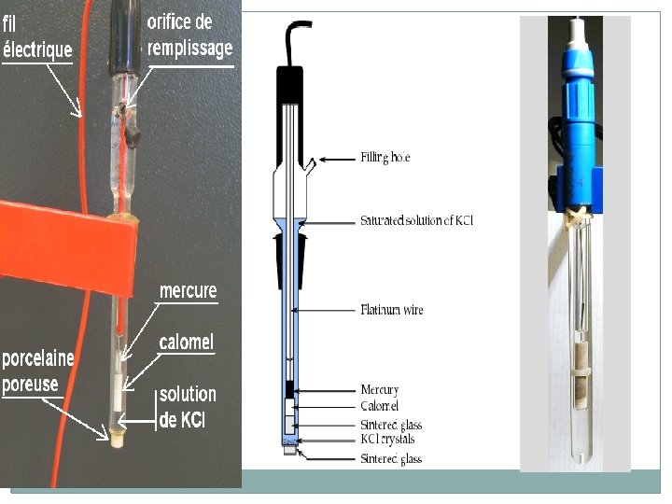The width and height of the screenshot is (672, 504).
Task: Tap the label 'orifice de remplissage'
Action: pyautogui.click(x=189, y=35)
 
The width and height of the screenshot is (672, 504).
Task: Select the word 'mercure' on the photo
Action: pyautogui.click(x=188, y=291)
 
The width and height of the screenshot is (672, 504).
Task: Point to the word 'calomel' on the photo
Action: pyautogui.click(x=186, y=343)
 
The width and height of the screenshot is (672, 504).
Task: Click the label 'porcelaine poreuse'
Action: pyautogui.click(x=38, y=371)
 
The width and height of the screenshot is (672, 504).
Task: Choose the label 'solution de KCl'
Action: pyautogui.click(x=187, y=407)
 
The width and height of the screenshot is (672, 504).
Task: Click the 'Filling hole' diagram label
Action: pyautogui.click(x=385, y=158)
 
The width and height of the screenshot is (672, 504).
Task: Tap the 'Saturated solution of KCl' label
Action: pyautogui.click(x=423, y=221)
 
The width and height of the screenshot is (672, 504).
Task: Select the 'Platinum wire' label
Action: pyautogui.click(x=391, y=309)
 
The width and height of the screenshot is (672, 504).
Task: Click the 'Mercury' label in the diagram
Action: pyautogui.click(x=380, y=390)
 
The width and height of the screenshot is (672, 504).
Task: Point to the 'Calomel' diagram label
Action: pyautogui.click(x=379, y=406)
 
